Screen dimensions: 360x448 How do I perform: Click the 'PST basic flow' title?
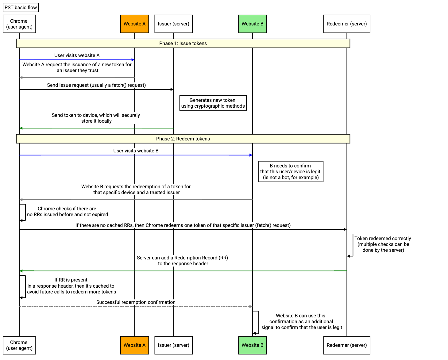(21, 8)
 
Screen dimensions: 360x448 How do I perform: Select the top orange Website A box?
(134, 24)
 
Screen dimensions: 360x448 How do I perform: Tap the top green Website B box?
(252, 24)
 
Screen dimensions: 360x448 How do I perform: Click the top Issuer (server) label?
(173, 24)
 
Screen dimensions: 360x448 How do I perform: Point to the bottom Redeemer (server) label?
(346, 345)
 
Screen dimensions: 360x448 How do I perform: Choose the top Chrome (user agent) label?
(19, 24)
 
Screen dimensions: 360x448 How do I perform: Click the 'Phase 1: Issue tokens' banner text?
(183, 44)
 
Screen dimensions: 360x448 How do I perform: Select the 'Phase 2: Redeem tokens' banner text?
(183, 139)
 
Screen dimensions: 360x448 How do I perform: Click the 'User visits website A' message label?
(77, 56)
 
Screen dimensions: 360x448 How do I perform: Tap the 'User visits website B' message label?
(136, 151)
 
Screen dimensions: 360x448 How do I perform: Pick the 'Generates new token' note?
(213, 103)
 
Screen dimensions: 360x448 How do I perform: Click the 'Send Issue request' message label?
(96, 85)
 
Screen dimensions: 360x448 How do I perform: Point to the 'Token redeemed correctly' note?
(383, 244)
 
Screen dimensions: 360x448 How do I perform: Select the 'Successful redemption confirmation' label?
(136, 302)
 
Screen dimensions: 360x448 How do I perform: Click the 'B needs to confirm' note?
(291, 171)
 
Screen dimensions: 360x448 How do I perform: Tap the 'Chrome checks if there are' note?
(68, 212)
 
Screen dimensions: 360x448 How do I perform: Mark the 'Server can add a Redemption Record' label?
(183, 261)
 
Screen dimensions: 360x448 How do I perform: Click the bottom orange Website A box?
(134, 345)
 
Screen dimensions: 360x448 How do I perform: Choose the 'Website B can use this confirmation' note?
(301, 321)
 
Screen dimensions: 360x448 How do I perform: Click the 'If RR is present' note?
(71, 286)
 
